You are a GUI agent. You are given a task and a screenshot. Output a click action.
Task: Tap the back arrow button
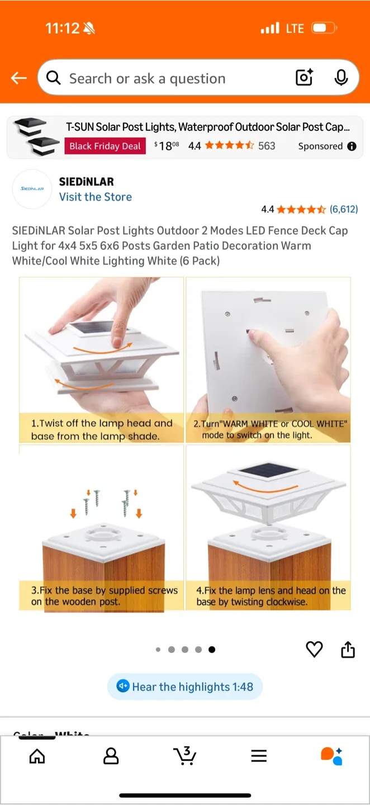tap(19, 78)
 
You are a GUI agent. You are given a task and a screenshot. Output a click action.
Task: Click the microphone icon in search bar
tap(341, 78)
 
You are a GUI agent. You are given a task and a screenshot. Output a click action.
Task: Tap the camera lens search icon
tap(304, 78)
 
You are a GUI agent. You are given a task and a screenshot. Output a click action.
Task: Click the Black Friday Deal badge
tap(105, 146)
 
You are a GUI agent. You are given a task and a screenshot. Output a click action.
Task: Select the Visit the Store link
tap(96, 197)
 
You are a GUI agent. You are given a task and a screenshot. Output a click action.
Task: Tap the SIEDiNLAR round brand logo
tap(32, 189)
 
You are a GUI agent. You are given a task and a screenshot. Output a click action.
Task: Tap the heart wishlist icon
tap(314, 649)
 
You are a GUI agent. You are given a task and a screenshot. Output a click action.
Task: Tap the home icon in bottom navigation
tap(37, 756)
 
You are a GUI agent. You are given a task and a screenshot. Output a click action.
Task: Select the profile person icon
tap(111, 756)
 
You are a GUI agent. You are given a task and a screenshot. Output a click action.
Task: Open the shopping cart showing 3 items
tap(184, 756)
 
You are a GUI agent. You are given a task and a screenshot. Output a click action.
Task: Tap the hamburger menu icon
tap(259, 756)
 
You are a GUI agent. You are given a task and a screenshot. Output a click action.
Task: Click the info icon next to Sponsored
tap(352, 146)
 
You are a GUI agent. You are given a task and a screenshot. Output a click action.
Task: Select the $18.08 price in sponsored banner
tap(167, 146)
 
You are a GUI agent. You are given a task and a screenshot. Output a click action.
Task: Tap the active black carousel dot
tap(212, 650)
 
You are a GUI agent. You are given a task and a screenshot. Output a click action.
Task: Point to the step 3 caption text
tap(105, 596)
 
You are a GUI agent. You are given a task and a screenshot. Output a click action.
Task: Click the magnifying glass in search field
tap(54, 78)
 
